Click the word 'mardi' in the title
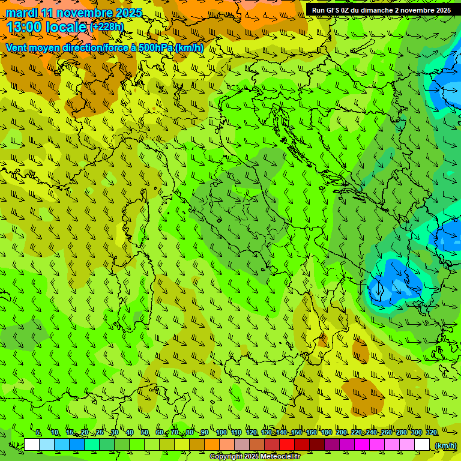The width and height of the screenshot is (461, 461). click(22, 13)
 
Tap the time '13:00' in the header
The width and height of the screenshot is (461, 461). click(23, 27)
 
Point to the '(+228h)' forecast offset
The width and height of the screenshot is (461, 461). click(107, 27)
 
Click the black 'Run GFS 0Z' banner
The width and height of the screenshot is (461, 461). click(382, 10)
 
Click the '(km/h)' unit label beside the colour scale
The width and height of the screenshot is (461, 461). click(445, 445)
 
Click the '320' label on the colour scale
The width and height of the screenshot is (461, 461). click(431, 432)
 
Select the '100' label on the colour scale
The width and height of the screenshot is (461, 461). click(221, 432)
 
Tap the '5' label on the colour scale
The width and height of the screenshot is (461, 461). click(38, 432)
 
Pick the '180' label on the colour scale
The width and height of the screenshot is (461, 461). click(326, 432)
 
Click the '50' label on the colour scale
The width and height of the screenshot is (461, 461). click(145, 432)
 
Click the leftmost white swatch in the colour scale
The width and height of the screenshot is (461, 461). click(32, 445)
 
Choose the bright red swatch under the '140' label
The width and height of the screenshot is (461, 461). click(287, 445)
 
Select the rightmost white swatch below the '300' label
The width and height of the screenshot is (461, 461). click(422, 445)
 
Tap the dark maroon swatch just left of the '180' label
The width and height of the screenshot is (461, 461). click(317, 445)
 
